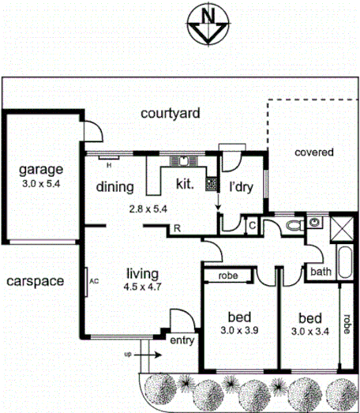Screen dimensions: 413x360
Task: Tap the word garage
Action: tap(41, 170)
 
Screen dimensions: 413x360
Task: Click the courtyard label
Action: tap(170, 113)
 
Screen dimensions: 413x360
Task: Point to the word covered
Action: tap(314, 152)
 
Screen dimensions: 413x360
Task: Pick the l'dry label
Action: tap(241, 189)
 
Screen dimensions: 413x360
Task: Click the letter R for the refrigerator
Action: tap(178, 229)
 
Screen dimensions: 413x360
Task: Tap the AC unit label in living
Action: tap(93, 280)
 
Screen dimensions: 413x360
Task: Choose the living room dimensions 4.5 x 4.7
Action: tap(142, 287)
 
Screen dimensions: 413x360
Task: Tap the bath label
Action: tap(321, 272)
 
